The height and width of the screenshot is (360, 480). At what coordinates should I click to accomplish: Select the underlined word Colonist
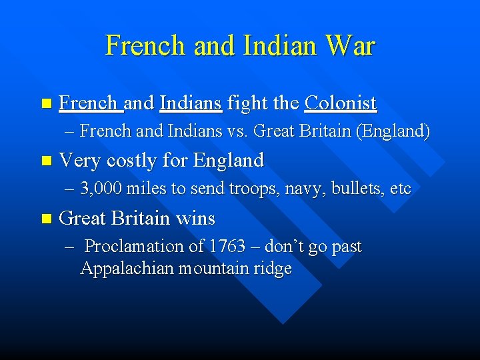[x=341, y=103]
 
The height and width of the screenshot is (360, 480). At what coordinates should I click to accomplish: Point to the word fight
[x=247, y=103]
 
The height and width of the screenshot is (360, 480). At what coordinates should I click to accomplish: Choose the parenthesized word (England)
[x=393, y=131]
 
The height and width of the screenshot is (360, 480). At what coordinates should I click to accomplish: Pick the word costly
[x=136, y=160]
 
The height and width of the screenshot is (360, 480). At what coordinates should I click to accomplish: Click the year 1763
[x=227, y=247]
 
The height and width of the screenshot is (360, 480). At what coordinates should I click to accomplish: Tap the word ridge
[x=273, y=269]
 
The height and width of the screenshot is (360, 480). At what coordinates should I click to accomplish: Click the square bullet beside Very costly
[x=45, y=161]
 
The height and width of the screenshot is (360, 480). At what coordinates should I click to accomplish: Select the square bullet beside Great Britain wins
[x=45, y=219]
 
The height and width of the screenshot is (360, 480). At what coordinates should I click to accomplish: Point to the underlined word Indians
[x=191, y=103]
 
